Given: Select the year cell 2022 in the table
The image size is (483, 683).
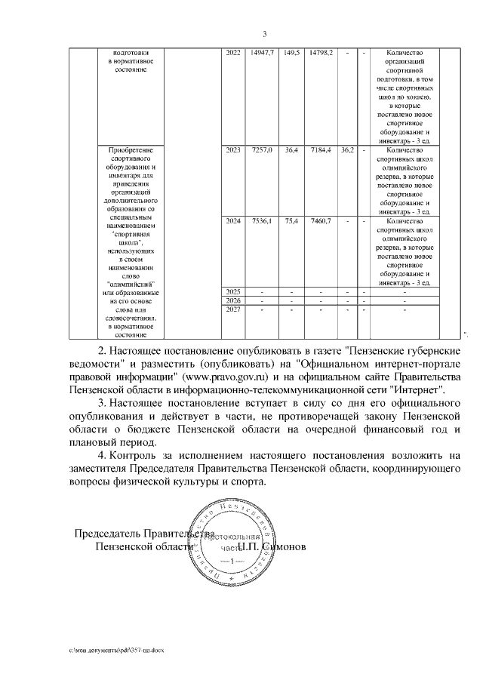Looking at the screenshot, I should click(232, 52).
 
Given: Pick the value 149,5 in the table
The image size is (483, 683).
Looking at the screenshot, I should click(291, 52).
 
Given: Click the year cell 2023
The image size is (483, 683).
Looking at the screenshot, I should click(232, 150).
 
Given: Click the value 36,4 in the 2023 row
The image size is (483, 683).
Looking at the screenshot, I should click(291, 150).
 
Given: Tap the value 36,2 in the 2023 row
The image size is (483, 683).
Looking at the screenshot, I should click(347, 150).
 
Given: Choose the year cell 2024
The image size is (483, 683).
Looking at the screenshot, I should click(232, 221).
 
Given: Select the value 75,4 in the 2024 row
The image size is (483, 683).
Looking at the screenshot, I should click(291, 221).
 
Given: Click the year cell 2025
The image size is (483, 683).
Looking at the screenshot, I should click(232, 291).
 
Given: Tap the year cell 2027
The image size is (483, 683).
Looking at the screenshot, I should click(232, 309).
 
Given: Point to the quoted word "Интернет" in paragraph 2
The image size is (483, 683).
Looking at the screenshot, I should click(418, 389).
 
